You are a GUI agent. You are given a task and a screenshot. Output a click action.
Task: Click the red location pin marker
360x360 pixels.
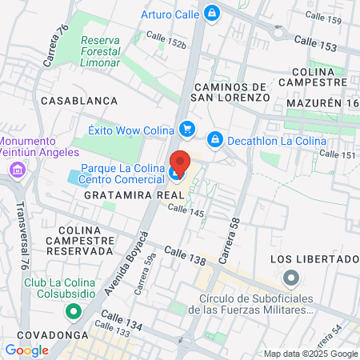[179, 162]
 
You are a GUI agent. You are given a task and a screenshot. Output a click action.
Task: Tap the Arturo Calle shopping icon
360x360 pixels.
[211, 13]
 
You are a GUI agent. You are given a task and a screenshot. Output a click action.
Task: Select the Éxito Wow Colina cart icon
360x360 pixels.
[187, 128]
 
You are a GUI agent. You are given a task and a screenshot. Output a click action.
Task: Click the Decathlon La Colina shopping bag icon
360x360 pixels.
[214, 140]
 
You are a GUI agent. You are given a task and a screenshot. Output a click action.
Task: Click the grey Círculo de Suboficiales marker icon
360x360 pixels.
[291, 279]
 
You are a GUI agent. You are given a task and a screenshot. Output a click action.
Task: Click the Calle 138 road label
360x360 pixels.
[185, 255]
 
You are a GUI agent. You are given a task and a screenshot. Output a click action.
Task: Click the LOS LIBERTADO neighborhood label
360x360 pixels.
[314, 259]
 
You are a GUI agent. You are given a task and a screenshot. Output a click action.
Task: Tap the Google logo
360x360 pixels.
[26, 350]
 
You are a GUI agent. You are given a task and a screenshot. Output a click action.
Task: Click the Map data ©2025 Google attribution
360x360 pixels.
[311, 354]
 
